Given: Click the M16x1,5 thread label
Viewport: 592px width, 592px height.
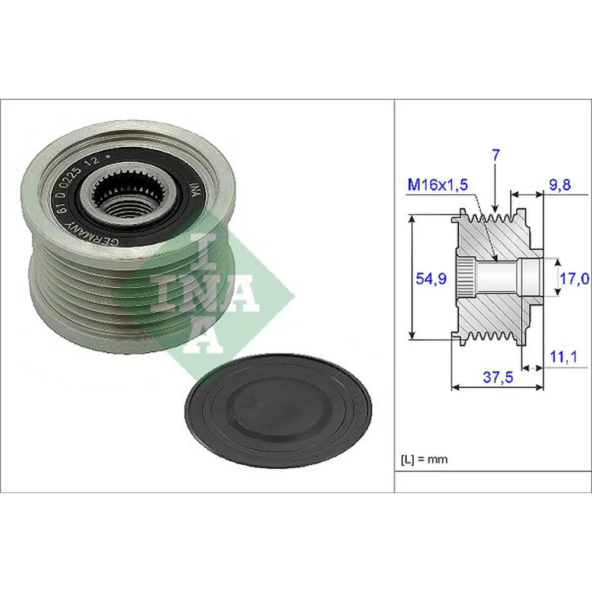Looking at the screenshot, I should coord(437,185).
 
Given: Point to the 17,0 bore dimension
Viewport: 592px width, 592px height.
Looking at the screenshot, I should coord(574,278).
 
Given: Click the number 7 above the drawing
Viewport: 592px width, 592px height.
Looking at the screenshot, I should coord(496,156).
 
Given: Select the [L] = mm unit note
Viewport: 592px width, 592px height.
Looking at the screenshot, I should coord(424,459).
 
